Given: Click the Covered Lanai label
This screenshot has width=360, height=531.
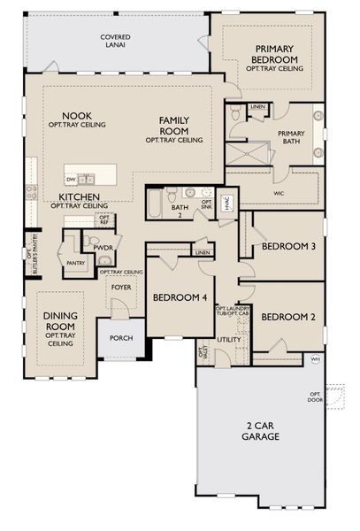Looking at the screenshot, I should (114, 40).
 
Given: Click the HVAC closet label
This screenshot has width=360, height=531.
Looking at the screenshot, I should (226, 204).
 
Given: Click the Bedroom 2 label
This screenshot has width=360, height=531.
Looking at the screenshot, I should (287, 316).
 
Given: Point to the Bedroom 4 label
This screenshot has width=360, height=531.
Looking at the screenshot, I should (180, 298).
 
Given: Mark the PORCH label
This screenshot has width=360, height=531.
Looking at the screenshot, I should (120, 338).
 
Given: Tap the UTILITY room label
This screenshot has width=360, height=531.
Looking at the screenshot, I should (229, 339).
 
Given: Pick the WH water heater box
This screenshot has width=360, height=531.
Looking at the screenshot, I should (315, 358).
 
